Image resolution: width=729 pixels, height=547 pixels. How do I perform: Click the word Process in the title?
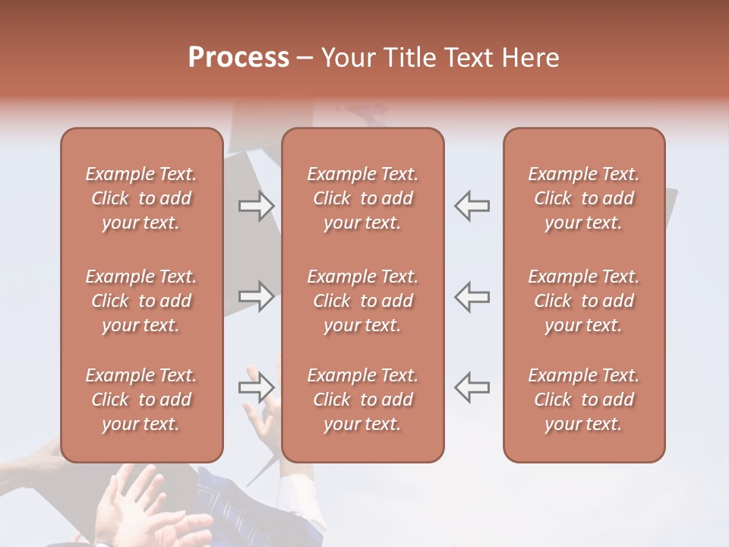coord(238,58)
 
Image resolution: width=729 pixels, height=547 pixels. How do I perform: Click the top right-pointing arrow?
coord(257,205)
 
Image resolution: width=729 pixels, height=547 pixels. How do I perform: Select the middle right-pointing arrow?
coord(257,296)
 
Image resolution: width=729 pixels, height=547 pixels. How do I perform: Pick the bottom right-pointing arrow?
coord(257,387)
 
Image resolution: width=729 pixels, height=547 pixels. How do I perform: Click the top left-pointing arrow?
coord(472,205)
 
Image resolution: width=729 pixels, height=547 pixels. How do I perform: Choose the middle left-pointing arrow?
coord(472,296)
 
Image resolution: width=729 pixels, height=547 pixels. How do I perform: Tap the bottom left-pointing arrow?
coord(472,387)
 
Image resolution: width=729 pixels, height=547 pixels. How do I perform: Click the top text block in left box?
coord(141,198)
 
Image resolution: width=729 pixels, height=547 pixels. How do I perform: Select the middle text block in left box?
coord(141,301)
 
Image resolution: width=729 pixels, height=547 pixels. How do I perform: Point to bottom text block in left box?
coord(141,400)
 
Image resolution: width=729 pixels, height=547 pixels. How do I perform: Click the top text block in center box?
coord(363,198)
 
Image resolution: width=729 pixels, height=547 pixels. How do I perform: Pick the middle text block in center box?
coord(363,301)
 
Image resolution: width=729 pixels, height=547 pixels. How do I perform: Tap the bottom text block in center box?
coord(363,400)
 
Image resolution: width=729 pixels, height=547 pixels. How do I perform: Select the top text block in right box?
coord(584,198)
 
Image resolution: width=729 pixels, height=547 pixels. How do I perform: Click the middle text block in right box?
coord(584,301)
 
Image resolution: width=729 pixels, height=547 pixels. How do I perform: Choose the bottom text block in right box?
coord(584,400)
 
